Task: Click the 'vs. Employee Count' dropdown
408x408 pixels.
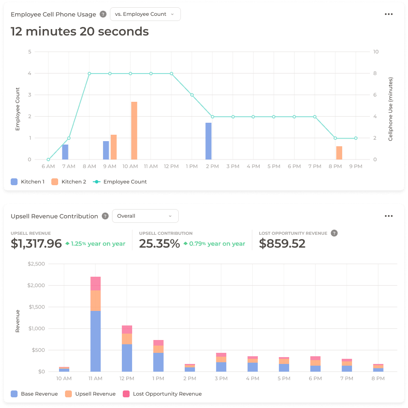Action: pyautogui.click(x=145, y=14)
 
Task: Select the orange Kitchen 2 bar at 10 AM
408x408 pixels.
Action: pyautogui.click(x=134, y=130)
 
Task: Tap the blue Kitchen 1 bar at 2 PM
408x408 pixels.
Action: pyautogui.click(x=208, y=141)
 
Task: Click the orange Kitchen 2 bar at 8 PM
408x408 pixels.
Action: pyautogui.click(x=339, y=153)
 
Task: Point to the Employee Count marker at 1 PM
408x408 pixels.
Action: pyautogui.click(x=192, y=95)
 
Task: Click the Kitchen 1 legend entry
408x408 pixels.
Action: pyautogui.click(x=28, y=182)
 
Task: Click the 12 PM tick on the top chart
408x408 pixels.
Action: pyautogui.click(x=171, y=166)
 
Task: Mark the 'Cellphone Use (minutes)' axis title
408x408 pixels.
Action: pyautogui.click(x=390, y=109)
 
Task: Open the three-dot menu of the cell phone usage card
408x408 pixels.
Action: pyautogui.click(x=388, y=14)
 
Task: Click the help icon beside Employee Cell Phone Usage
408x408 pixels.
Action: pyautogui.click(x=103, y=14)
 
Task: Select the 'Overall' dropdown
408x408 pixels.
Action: pyautogui.click(x=145, y=216)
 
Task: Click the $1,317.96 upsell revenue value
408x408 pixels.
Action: pyautogui.click(x=36, y=243)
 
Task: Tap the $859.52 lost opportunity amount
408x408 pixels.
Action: pyautogui.click(x=282, y=243)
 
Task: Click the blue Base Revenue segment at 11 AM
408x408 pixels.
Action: pyautogui.click(x=95, y=341)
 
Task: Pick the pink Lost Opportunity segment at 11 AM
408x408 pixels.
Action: pyautogui.click(x=95, y=284)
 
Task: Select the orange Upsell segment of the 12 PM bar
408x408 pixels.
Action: pyautogui.click(x=127, y=339)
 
